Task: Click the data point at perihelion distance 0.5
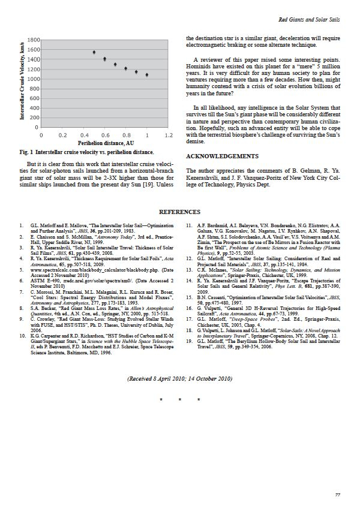(x=94, y=52)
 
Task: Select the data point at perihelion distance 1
(x=147, y=75)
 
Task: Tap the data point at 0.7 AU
(x=115, y=64)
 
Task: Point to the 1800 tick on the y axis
(x=34, y=38)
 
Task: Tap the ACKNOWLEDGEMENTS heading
(x=222, y=156)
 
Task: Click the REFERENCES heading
(x=180, y=212)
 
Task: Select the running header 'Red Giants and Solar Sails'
(x=310, y=20)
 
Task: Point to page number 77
(x=338, y=494)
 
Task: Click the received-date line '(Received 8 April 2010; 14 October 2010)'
(x=180, y=379)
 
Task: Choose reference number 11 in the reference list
(x=188, y=225)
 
